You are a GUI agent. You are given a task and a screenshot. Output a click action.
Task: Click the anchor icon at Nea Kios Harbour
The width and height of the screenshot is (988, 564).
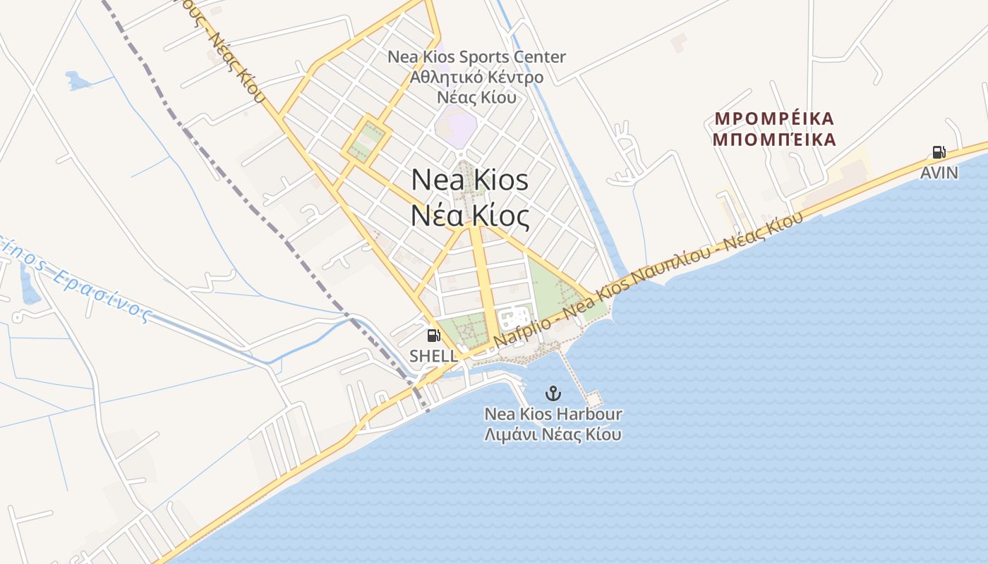click(553, 393)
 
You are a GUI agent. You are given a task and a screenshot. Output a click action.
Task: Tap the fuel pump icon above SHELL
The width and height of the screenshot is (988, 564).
click(434, 336)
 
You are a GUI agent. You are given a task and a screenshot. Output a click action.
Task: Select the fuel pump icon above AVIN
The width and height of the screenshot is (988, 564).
click(939, 152)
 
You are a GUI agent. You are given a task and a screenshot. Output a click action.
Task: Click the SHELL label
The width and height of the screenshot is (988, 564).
click(433, 356)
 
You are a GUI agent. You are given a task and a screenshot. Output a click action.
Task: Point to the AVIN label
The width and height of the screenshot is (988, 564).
click(939, 173)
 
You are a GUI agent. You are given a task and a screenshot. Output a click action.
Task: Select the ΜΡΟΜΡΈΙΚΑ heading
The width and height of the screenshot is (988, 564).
click(774, 118)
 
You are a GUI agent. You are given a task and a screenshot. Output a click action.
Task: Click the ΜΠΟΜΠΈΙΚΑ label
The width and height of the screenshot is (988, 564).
click(774, 140)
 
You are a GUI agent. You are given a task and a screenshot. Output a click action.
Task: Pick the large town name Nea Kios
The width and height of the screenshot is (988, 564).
click(469, 179)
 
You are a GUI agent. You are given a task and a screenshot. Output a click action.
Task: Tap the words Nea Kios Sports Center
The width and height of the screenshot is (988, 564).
click(476, 56)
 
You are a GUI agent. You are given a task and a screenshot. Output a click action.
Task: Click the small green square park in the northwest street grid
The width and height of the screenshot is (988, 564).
click(366, 140)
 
